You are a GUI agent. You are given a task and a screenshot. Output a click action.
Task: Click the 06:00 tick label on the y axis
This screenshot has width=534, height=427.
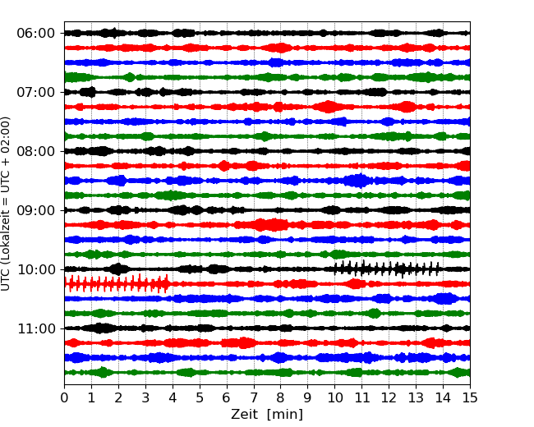pos(35,33)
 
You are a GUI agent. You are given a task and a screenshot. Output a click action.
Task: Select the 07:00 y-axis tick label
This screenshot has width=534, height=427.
pos(35,92)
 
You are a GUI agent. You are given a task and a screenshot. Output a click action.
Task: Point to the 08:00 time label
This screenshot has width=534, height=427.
pos(35,151)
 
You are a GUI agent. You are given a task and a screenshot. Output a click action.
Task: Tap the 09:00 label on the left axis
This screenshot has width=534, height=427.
pos(35,210)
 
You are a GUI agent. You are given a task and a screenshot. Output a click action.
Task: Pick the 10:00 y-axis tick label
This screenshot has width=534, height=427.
pos(35,269)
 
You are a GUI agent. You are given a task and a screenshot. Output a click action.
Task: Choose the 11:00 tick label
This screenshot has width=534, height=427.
pos(35,328)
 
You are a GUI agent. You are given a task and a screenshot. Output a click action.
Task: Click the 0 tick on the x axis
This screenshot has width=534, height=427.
pos(65,398)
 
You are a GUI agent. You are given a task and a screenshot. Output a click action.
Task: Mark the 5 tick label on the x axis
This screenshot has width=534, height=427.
pos(200,398)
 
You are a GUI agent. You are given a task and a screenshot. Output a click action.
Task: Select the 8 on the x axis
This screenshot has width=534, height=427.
pos(281,398)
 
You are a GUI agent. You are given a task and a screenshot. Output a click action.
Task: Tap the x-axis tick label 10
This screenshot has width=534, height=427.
pos(335,398)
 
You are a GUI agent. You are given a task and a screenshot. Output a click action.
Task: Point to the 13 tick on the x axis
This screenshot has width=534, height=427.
pos(416,398)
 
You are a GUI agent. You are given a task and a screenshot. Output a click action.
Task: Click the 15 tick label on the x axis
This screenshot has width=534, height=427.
pos(470,398)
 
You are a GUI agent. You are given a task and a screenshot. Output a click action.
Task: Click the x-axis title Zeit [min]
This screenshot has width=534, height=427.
pos(267,415)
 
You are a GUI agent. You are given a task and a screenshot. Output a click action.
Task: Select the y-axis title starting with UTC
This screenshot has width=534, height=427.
pos(7,203)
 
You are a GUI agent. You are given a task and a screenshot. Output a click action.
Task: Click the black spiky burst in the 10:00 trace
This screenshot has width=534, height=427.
pos(386,269)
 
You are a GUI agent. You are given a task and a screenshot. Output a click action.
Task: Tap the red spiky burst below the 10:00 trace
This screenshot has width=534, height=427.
pos(117,284)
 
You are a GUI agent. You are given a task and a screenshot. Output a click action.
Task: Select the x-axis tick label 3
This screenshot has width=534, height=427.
pos(145,398)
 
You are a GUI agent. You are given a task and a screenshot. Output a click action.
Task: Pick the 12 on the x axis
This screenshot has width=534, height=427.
pos(389,398)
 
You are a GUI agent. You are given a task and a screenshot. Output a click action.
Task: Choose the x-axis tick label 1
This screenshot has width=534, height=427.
pos(92,398)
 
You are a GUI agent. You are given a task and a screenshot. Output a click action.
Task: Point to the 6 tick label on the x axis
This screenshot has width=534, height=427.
pos(227,398)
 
